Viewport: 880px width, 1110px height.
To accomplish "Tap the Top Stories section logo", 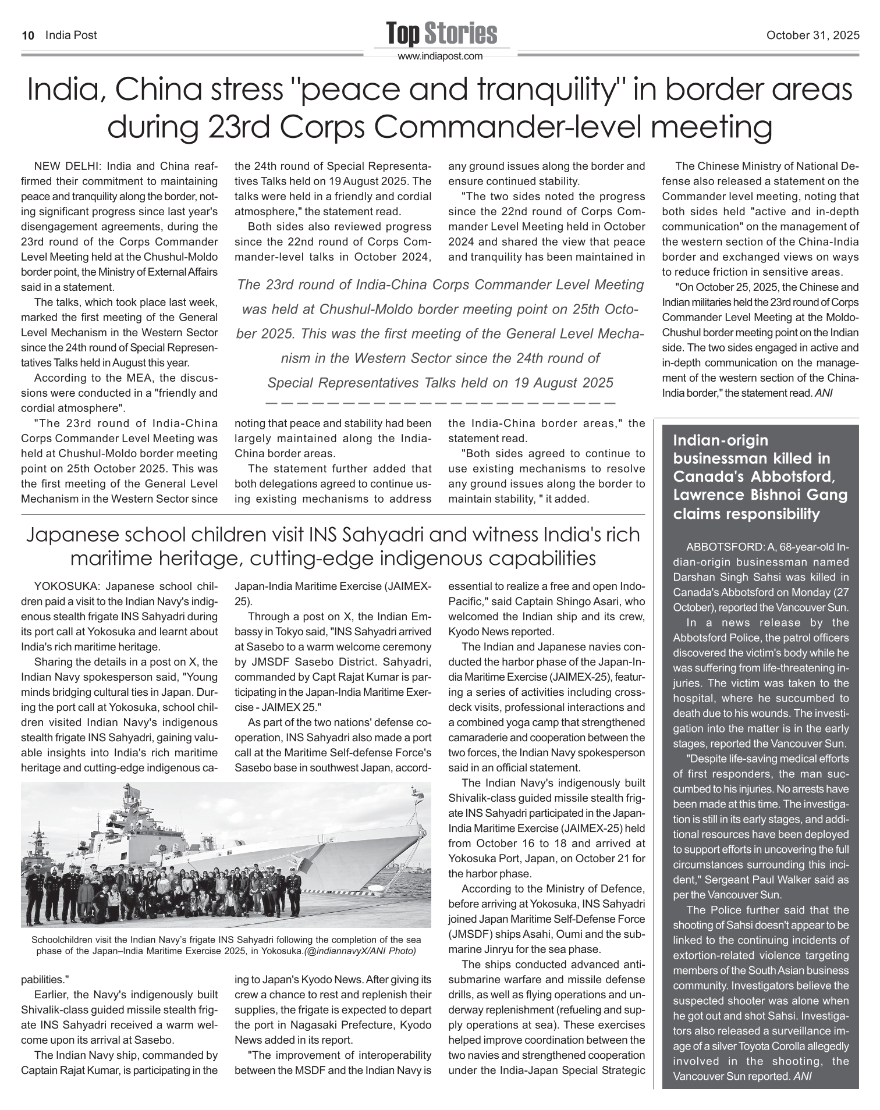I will click(x=441, y=34).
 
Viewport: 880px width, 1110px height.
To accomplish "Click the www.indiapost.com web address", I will click(x=441, y=56).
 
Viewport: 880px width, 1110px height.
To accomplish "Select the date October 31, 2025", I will click(x=812, y=35).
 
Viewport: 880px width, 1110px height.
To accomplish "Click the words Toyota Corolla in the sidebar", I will click(x=757, y=1046).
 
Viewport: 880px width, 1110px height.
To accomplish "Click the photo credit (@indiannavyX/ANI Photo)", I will click(x=360, y=951).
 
